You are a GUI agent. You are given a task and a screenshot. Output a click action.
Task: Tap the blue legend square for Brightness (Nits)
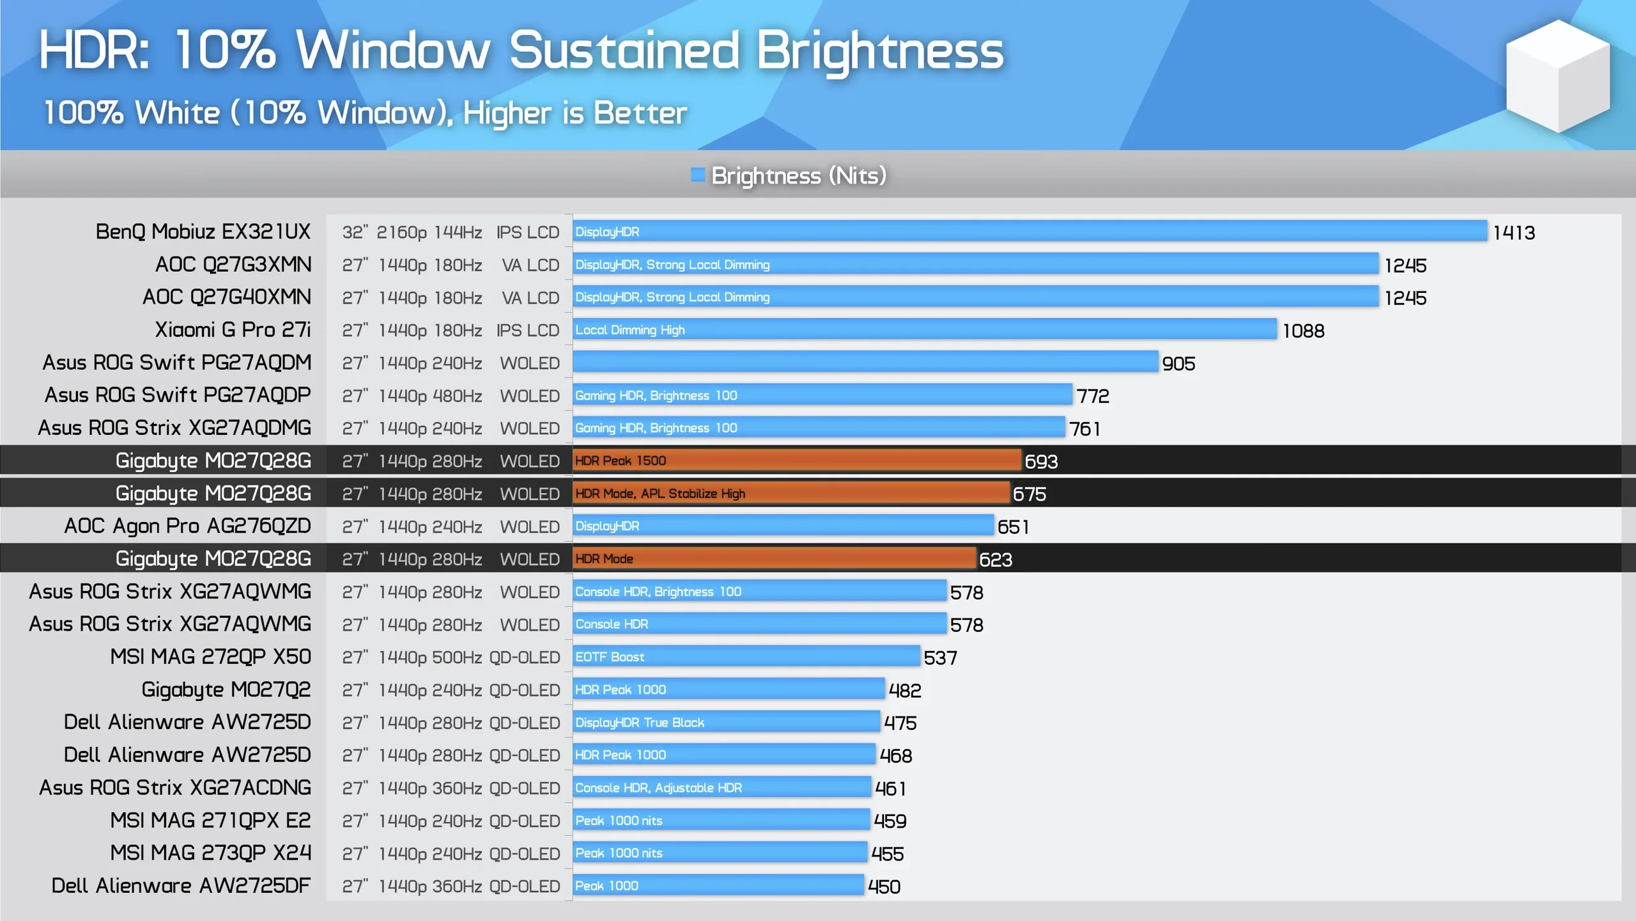[x=697, y=175]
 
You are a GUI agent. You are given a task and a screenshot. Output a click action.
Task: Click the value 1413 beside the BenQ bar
[x=1513, y=233]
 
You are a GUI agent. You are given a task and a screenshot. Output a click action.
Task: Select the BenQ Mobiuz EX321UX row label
[x=203, y=232]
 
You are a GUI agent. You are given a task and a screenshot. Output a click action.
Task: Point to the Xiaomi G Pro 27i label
[x=233, y=330]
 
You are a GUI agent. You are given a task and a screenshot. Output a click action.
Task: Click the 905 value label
[x=1178, y=364]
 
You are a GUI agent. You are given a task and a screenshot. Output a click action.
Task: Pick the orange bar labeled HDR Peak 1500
[x=796, y=460]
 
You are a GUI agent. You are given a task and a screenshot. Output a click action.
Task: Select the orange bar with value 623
[x=774, y=559]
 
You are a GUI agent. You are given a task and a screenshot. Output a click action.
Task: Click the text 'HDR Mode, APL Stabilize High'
[x=660, y=494]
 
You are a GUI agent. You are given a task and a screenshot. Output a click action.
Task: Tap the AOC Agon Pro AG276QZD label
[x=187, y=526]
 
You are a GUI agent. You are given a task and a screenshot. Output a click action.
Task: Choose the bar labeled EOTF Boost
[x=746, y=657]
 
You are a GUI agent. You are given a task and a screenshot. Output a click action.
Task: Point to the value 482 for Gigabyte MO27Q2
[x=904, y=691]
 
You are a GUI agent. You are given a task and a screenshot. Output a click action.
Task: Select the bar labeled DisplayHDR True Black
[x=726, y=723]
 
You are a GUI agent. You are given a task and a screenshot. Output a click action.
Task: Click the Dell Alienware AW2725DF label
[x=181, y=886]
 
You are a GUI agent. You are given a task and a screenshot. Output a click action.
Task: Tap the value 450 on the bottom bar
[x=884, y=887]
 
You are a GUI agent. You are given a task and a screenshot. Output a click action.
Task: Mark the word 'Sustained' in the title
[x=624, y=51]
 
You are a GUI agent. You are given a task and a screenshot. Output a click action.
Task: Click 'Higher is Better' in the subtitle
[x=575, y=113]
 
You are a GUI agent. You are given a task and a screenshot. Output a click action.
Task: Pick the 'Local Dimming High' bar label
[x=629, y=330]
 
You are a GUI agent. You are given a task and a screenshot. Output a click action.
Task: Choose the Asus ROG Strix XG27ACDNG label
[x=175, y=788]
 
